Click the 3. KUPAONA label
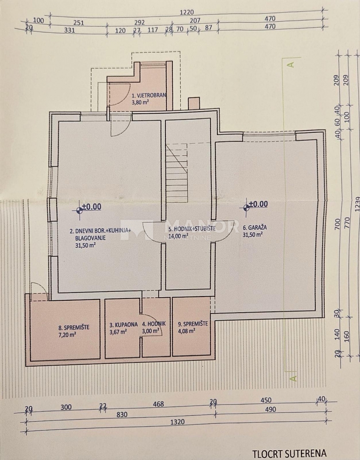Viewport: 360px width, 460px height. (x=123, y=324)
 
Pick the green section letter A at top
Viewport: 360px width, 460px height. (x=291, y=64)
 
